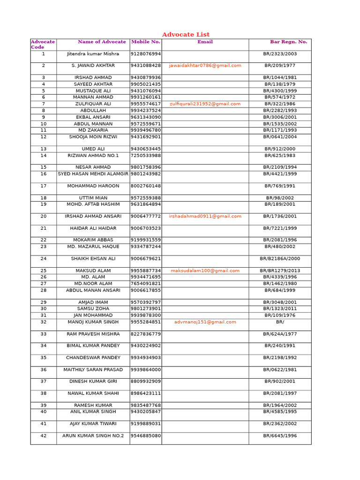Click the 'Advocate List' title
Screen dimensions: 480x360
coord(186,35)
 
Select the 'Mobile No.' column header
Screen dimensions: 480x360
coord(146,42)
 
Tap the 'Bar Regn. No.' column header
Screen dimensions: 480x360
coord(288,42)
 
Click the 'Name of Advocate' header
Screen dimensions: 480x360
coord(102,42)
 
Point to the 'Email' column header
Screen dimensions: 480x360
coord(205,42)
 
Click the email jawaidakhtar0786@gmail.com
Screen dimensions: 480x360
coord(205,66)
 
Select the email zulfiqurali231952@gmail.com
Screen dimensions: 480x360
coord(205,104)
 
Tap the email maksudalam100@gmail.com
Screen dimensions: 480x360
coord(205,271)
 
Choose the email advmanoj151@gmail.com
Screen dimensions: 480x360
coord(205,322)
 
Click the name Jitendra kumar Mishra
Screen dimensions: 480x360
coord(93,54)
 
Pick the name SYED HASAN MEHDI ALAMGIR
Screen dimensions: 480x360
coord(93,174)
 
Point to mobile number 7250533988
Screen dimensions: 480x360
coord(146,156)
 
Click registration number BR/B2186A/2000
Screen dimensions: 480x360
coord(280,259)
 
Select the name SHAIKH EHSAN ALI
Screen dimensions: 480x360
coord(93,259)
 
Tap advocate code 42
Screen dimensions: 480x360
coord(44,436)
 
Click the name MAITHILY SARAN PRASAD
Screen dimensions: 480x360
coord(93,370)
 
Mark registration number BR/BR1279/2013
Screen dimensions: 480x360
coord(280,271)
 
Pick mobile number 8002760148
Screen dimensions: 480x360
coord(146,186)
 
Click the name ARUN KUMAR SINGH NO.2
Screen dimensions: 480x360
coord(93,436)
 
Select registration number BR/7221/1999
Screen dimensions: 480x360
coord(280,228)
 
